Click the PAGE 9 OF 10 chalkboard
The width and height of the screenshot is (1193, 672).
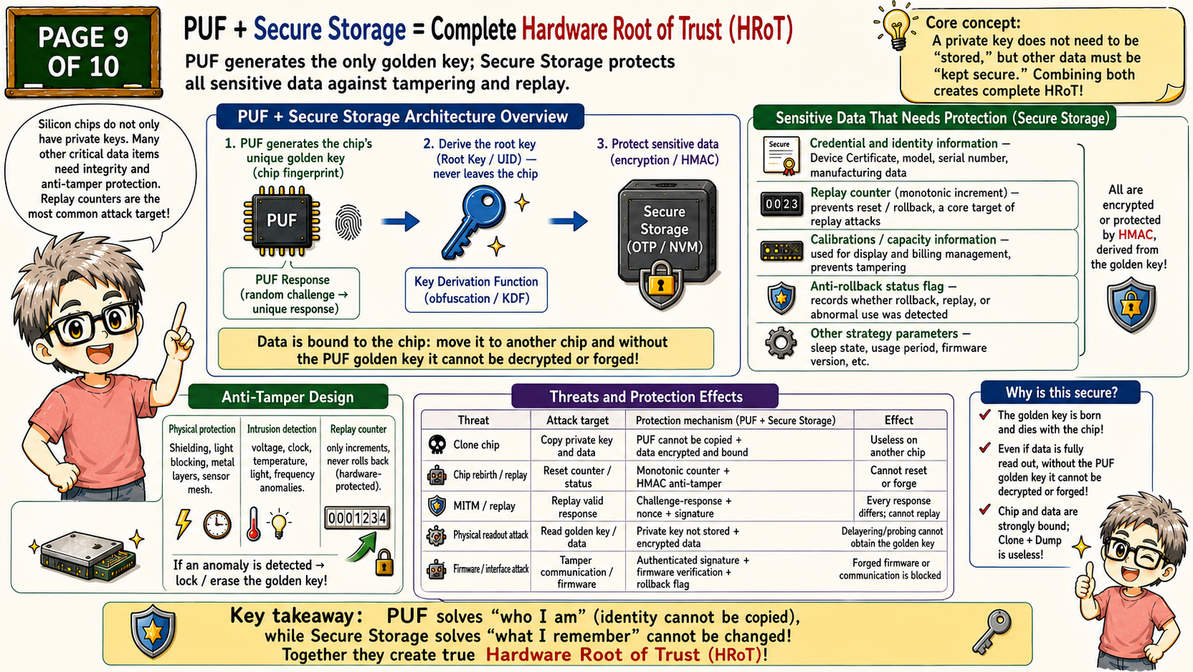[x=83, y=52]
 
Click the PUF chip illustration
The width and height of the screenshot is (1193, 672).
[x=282, y=221]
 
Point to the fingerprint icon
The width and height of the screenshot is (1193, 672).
[x=348, y=221]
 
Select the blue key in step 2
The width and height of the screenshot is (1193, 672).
[x=474, y=221]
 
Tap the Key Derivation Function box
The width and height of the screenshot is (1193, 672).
[x=476, y=290]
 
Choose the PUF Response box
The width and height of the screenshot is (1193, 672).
[x=292, y=294]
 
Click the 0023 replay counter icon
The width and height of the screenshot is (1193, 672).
[x=782, y=204]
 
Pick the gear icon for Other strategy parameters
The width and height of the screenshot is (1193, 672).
[x=781, y=343]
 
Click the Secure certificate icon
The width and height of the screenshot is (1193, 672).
[x=781, y=156]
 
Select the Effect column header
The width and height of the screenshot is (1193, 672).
[x=898, y=421]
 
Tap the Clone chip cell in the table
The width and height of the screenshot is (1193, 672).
[x=476, y=445]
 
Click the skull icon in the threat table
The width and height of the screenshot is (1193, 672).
[x=437, y=444]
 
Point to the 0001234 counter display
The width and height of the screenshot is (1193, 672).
[x=357, y=518]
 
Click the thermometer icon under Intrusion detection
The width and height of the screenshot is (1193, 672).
[x=253, y=524]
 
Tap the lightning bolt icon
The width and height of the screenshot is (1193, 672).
[x=184, y=524]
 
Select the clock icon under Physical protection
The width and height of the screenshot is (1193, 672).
[x=218, y=524]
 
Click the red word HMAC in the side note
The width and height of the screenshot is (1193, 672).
[x=1135, y=235]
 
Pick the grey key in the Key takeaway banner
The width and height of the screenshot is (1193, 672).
[x=991, y=631]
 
